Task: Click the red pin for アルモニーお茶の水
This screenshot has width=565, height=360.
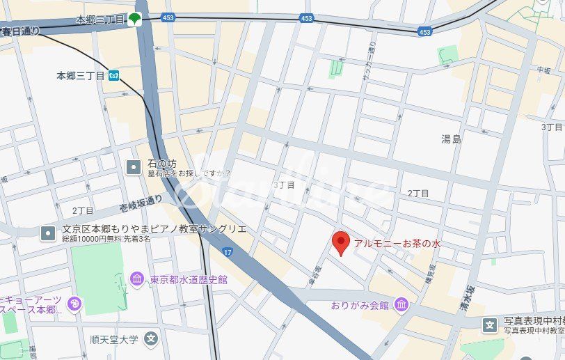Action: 340,243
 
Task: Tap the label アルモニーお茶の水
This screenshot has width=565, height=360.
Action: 397,244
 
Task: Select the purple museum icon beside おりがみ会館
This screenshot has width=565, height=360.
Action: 401,305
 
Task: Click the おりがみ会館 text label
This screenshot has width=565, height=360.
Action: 360,305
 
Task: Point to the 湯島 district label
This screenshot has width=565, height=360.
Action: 451,139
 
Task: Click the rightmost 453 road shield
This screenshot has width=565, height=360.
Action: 425,31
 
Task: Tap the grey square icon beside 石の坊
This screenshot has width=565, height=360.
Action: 133,166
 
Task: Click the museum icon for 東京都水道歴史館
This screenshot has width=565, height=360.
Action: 137,279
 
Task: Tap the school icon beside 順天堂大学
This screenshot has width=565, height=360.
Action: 152,340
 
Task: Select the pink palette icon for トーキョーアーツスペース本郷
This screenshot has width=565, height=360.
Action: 74,304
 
